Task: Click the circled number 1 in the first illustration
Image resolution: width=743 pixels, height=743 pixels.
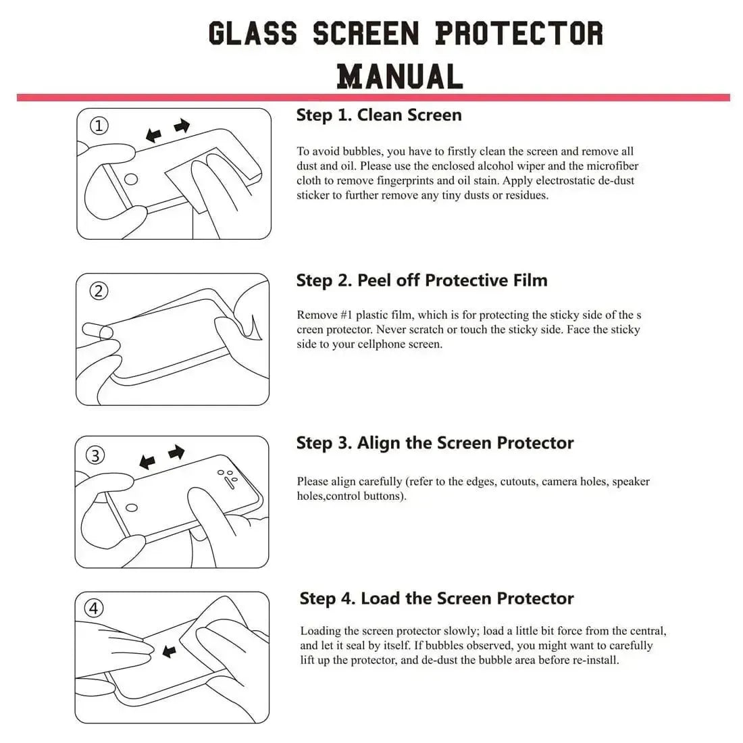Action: [99, 126]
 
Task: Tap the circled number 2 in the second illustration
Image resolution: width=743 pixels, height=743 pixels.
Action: [99, 291]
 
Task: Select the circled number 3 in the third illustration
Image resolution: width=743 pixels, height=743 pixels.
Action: [95, 456]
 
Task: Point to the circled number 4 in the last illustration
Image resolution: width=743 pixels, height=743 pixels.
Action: [94, 609]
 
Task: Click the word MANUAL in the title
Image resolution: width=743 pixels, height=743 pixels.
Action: [400, 76]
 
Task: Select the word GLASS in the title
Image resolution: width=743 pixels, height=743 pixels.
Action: [253, 34]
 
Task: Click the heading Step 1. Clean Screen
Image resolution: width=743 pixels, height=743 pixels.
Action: [379, 115]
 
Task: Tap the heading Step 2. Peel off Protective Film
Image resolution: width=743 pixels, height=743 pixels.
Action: [421, 280]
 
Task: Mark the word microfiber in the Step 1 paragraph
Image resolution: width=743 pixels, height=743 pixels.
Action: [612, 166]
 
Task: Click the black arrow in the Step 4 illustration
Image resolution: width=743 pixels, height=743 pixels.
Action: [170, 651]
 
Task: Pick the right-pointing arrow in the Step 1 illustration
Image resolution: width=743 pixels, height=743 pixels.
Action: [182, 126]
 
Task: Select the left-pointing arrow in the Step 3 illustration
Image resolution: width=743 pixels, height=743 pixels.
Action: [147, 463]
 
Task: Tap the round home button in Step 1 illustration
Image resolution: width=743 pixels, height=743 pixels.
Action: [132, 179]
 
